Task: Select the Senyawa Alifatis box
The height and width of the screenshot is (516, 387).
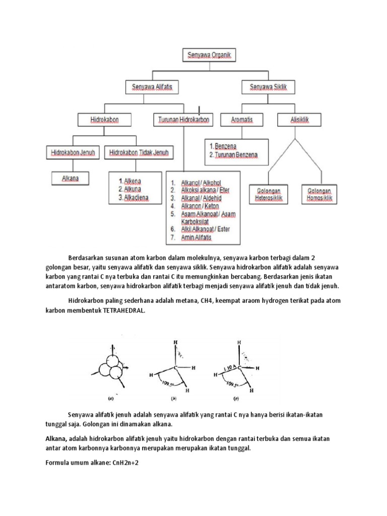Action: [152, 87]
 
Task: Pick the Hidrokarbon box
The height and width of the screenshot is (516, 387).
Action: [104, 120]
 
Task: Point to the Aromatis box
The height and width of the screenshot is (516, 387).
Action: [241, 120]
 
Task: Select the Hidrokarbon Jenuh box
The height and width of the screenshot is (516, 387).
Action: [73, 152]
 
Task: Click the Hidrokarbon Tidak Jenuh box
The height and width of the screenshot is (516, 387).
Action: [139, 152]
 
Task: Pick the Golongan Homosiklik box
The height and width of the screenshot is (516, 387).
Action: [320, 195]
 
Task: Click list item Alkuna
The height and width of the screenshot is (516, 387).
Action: [130, 189]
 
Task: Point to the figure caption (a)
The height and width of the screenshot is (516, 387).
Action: [110, 399]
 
